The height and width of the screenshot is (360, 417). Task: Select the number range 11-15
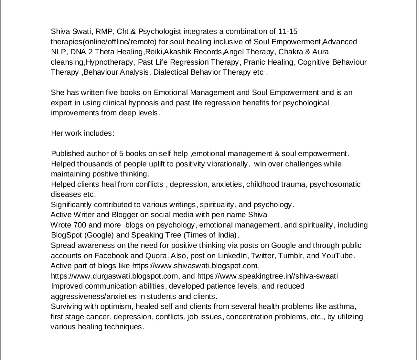click(288, 32)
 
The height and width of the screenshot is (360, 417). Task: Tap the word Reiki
click(154, 52)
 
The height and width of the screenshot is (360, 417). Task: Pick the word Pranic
click(254, 62)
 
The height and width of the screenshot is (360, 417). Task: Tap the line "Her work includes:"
click(83, 133)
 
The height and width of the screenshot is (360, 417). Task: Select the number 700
click(80, 225)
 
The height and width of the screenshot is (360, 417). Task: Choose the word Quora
click(156, 256)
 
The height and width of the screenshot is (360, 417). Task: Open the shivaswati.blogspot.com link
click(196, 266)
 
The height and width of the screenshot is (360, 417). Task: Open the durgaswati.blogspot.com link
click(114, 276)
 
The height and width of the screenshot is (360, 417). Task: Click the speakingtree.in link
click(267, 276)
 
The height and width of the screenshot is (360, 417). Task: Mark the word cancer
click(98, 317)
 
